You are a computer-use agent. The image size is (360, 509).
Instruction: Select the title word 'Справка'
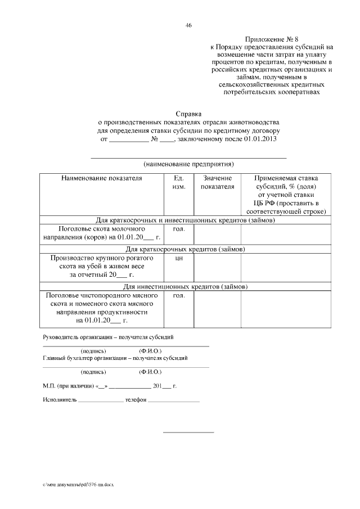188,113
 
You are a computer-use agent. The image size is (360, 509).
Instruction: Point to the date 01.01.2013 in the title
260,138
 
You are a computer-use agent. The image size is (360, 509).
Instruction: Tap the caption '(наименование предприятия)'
188,164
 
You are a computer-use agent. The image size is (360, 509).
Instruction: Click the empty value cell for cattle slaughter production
217,267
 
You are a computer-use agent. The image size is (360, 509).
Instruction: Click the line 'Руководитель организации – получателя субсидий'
108,337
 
